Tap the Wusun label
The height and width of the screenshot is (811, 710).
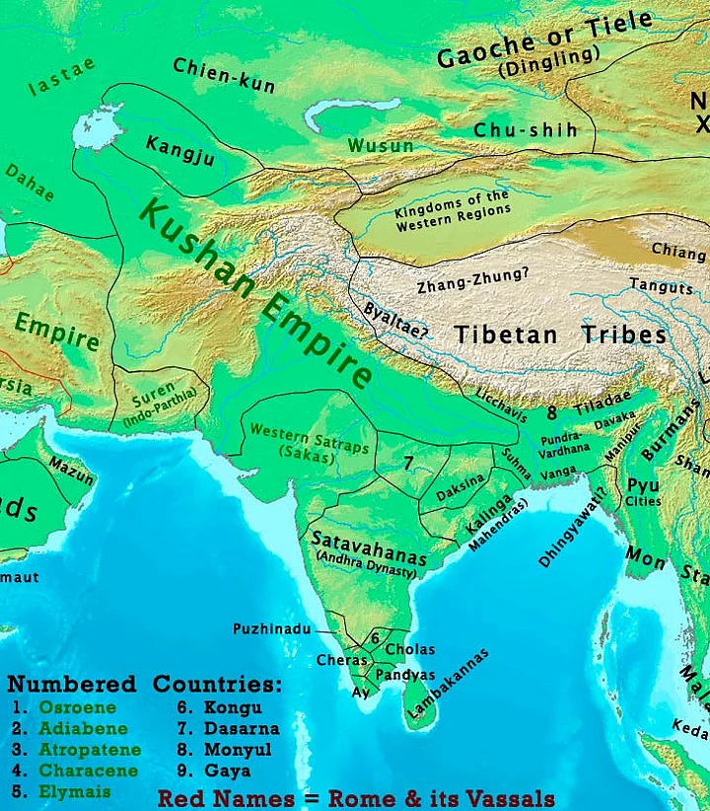point(380,146)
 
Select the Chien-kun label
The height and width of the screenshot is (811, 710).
point(224,74)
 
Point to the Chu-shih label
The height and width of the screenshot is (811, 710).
point(525,130)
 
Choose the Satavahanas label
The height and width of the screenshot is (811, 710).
point(368,545)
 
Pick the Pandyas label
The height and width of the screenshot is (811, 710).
point(405,675)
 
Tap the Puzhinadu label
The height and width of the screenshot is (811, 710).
point(272,628)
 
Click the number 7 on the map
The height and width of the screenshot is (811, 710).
point(407,462)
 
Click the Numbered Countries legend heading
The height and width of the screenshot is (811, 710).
point(144,684)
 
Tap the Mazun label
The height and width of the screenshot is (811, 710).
point(72,473)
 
